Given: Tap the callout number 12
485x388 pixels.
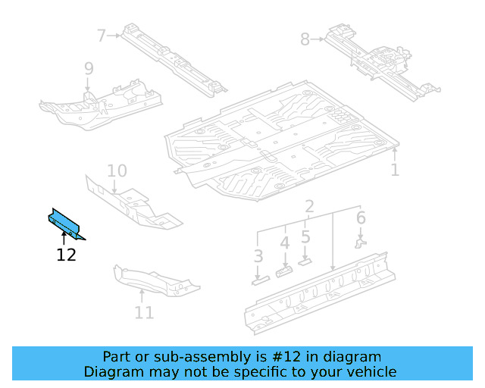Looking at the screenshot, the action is (67, 255).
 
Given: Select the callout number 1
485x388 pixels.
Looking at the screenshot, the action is (395, 170).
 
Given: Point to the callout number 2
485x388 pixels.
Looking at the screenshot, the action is (310, 207).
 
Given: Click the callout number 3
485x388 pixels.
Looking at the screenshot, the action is (258, 256).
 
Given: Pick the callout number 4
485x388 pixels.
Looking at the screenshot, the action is (284, 244).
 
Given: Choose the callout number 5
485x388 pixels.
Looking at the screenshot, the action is (305, 236).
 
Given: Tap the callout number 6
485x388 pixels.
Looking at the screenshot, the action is (361, 219).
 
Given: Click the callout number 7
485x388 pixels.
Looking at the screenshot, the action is (102, 35).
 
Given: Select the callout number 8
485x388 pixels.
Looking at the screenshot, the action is (305, 39).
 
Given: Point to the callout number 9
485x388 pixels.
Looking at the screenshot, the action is (89, 70).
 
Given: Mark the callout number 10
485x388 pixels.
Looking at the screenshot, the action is (117, 171).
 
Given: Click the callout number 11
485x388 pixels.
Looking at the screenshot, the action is (144, 312).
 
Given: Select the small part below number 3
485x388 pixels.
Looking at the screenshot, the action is (259, 280).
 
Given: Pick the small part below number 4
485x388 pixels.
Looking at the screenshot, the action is (285, 271).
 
